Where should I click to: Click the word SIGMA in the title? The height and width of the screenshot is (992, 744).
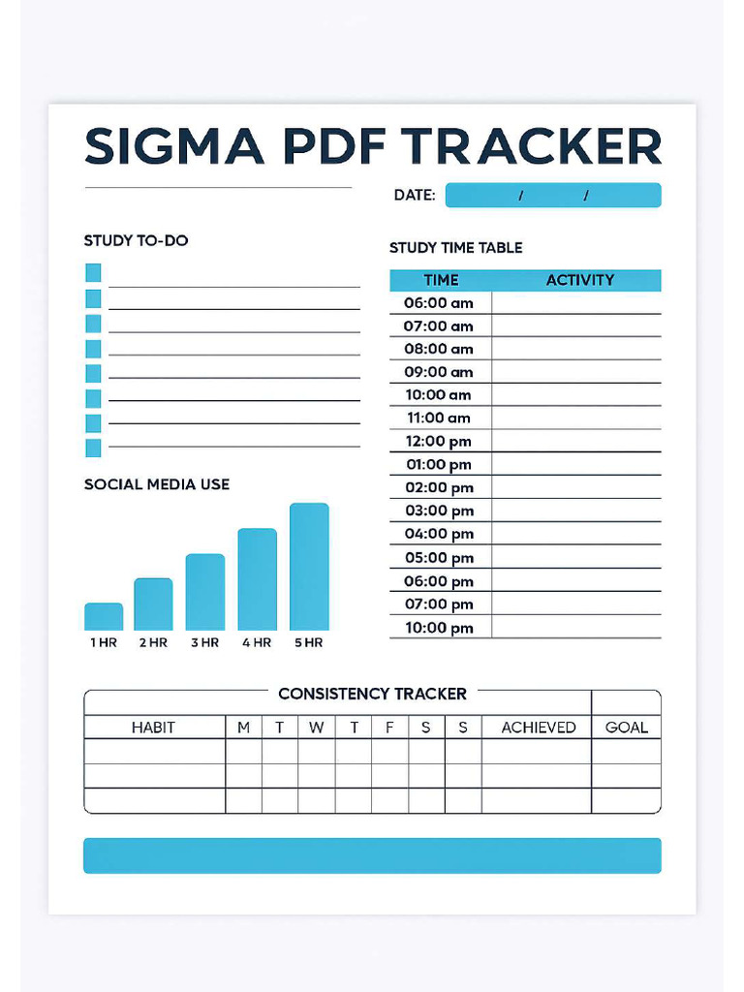173,146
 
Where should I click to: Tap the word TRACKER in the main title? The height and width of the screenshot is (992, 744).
532,146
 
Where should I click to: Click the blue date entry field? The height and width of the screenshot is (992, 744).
553,196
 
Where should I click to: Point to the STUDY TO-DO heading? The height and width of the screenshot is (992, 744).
136,240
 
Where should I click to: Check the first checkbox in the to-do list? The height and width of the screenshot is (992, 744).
93,273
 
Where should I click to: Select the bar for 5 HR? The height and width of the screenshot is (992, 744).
309,567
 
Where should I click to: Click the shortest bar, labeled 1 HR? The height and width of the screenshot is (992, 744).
104,617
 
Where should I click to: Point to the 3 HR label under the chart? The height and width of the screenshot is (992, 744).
204,642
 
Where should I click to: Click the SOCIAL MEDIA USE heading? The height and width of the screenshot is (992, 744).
157,484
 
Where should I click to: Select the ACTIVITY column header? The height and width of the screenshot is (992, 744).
579,280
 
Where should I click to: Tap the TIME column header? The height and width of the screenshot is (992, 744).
441,280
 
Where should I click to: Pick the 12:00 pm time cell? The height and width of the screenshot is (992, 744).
439,441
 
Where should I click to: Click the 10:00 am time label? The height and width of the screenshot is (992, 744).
439,394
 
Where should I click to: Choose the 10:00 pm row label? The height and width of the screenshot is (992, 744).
439,628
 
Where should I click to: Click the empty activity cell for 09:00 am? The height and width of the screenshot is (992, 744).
576,372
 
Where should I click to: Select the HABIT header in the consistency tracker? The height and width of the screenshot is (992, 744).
153,728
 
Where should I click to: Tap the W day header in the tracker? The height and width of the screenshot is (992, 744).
317,728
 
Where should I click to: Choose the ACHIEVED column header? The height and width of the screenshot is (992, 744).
538,728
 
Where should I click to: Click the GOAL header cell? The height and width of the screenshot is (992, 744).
626,728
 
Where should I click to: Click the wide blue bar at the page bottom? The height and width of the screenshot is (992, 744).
372,855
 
